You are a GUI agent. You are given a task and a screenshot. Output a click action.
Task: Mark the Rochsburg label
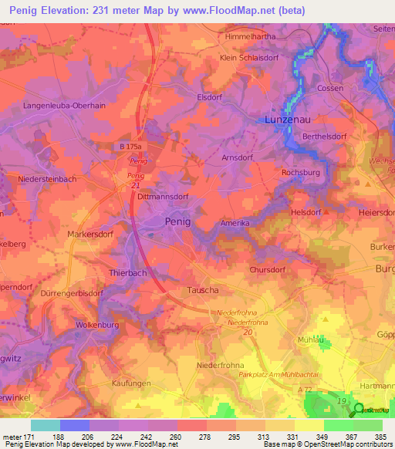coord(301,173)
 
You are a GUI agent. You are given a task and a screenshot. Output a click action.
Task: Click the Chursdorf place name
coord(268,270)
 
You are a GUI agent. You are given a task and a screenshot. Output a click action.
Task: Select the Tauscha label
coord(183,290)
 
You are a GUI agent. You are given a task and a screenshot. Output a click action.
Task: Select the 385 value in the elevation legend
coord(380,436)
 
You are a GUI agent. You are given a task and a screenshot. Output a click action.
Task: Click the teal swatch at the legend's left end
coord(45,425)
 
